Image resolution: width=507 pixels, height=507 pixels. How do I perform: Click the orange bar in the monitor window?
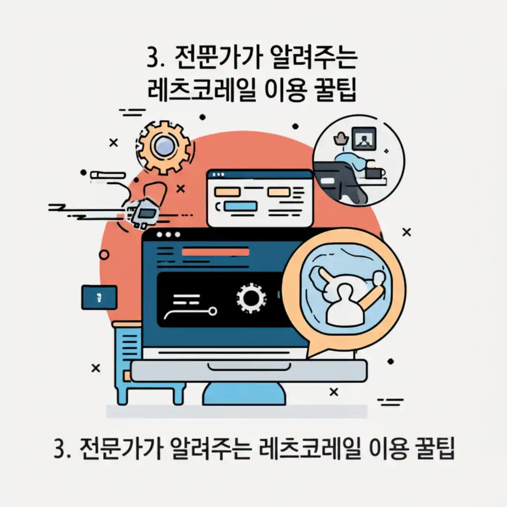(x=216, y=252)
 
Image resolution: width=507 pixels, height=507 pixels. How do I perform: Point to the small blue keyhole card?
(x=99, y=298)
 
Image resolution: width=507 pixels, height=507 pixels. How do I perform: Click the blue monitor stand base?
(x=244, y=394)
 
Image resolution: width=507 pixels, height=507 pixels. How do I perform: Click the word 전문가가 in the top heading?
(x=210, y=60)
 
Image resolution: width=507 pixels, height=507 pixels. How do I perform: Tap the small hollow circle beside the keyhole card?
(x=104, y=254)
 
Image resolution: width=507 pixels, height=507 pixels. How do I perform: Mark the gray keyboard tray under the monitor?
(x=249, y=371)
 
